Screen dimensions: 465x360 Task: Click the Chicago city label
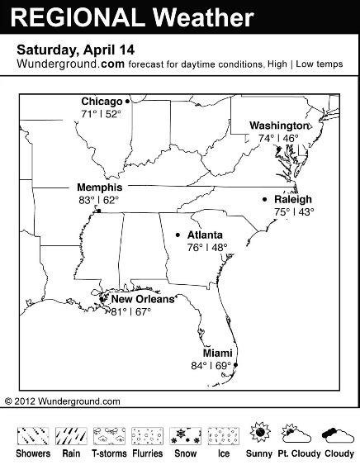coord(102,101)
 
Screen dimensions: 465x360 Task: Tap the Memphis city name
coord(99,187)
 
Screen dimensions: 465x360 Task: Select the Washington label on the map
coord(279,126)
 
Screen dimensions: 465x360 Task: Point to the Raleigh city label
coord(293,199)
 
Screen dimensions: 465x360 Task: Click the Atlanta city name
coord(205,235)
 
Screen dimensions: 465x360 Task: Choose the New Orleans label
coord(143,299)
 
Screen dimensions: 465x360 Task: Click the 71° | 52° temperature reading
coord(101,113)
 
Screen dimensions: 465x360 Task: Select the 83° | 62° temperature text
coord(98,200)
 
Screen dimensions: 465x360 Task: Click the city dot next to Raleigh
coord(264,199)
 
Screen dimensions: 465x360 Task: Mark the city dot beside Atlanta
coord(178,235)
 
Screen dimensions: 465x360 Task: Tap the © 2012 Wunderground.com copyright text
coord(63,401)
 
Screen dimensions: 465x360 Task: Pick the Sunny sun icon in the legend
coord(260,432)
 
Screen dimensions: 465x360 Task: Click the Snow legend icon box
coord(184,434)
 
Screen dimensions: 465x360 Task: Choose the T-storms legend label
coord(107,453)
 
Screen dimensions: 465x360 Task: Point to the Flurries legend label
coord(146,453)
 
